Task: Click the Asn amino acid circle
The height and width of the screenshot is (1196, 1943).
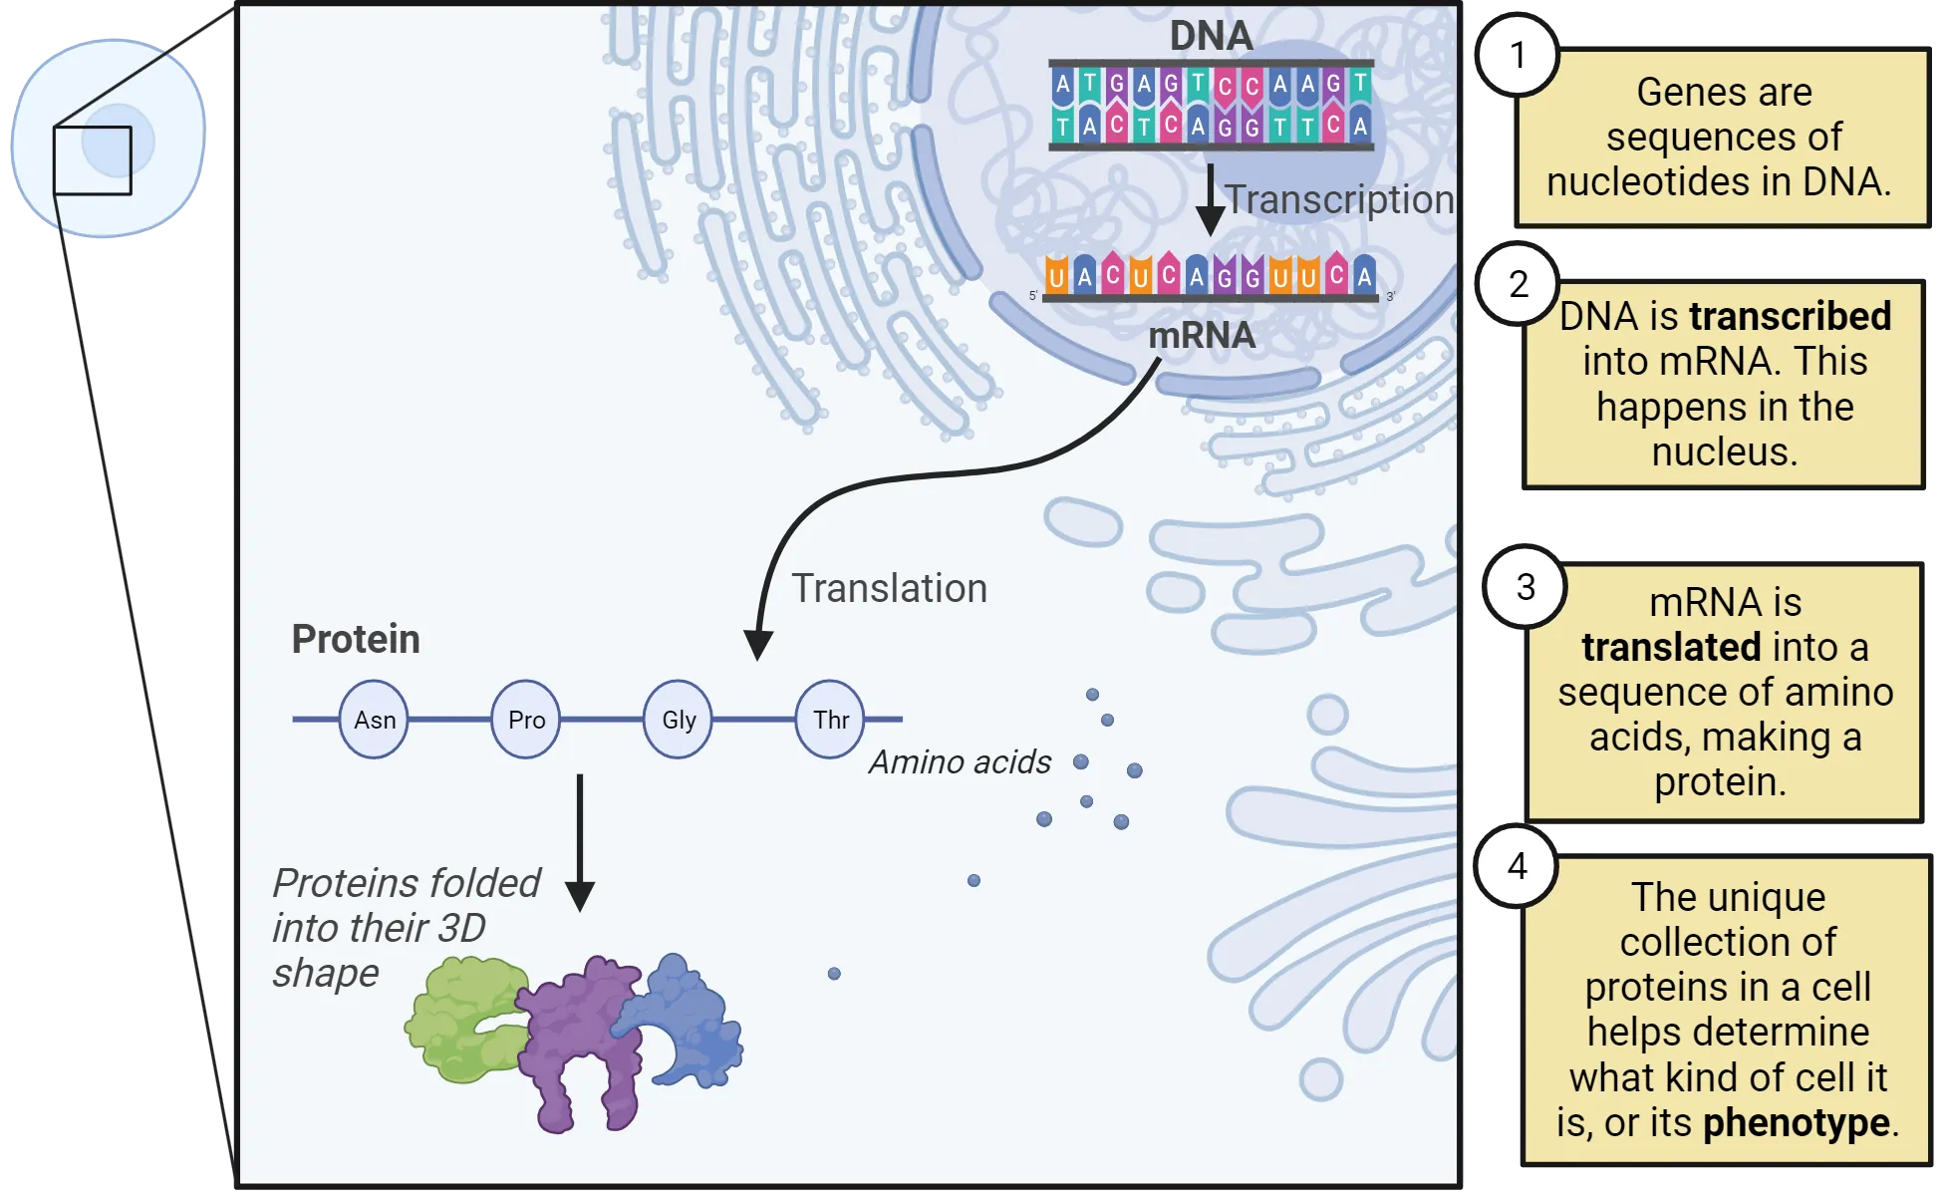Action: (374, 720)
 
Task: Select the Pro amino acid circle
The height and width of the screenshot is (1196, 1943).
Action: (526, 720)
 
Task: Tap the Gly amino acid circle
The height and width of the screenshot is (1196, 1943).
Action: (679, 720)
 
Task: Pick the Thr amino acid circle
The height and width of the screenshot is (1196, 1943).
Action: (830, 720)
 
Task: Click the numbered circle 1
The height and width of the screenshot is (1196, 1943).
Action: (1518, 55)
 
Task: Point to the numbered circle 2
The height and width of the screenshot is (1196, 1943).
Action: (1518, 285)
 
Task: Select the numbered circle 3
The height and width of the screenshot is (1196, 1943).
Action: (1526, 587)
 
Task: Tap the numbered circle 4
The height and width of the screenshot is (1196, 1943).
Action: (1517, 866)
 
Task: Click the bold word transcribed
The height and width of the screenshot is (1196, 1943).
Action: (1790, 316)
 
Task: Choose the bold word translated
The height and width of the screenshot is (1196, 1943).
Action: (1671, 647)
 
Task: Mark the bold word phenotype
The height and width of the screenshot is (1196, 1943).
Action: (1796, 1122)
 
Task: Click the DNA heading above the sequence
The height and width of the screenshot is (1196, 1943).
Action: (1211, 36)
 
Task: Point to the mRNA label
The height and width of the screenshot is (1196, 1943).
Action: (1202, 336)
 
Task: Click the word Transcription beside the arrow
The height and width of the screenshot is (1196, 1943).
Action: (1338, 199)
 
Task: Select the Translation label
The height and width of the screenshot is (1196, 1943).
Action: (889, 588)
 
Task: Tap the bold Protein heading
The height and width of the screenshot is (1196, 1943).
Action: (356, 639)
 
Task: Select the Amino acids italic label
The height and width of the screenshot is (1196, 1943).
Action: (960, 761)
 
